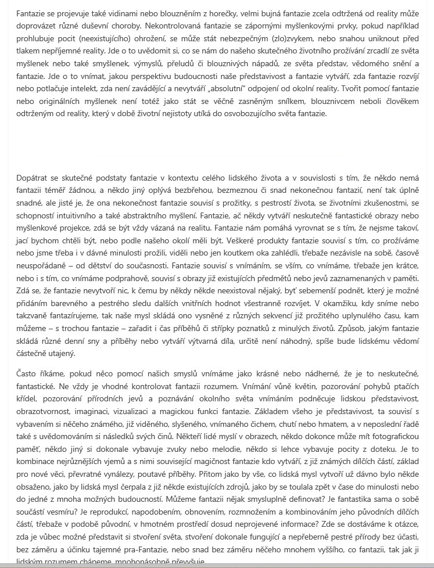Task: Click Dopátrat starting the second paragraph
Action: [34, 177]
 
